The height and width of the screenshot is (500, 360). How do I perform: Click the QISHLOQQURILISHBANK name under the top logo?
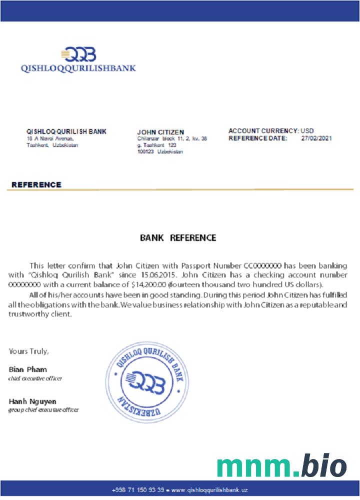[x=78, y=68]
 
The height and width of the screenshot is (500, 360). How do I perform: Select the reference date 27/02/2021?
[x=316, y=138]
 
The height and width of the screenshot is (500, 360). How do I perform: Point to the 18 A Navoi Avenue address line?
[x=50, y=138]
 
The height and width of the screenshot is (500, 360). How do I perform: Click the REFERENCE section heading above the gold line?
[x=36, y=184]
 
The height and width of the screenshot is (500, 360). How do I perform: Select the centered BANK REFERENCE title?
[x=178, y=237]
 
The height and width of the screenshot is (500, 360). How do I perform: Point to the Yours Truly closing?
[x=28, y=351]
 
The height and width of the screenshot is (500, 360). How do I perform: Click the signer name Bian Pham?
[x=28, y=369]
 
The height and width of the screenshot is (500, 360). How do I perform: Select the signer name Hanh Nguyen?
[x=32, y=401]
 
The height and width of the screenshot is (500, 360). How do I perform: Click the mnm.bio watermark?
[x=281, y=466]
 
